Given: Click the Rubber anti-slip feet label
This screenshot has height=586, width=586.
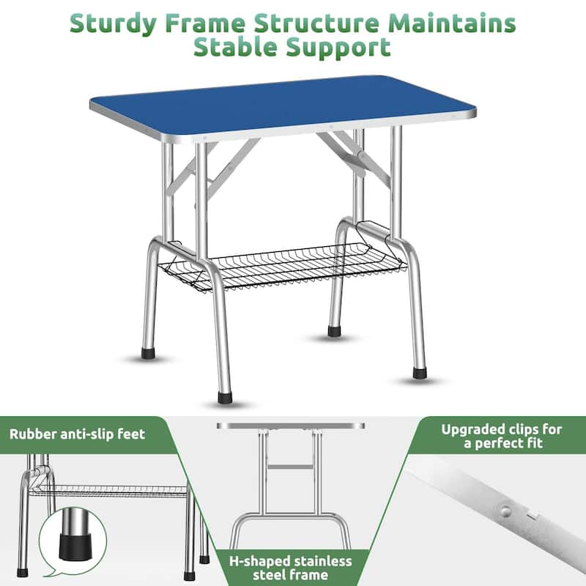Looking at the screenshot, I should (77, 434).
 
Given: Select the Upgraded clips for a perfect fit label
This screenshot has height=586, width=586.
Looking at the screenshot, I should (501, 436).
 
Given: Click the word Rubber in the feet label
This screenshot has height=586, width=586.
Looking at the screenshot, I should (33, 434).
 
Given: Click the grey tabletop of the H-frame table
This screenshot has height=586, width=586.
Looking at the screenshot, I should (290, 426).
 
